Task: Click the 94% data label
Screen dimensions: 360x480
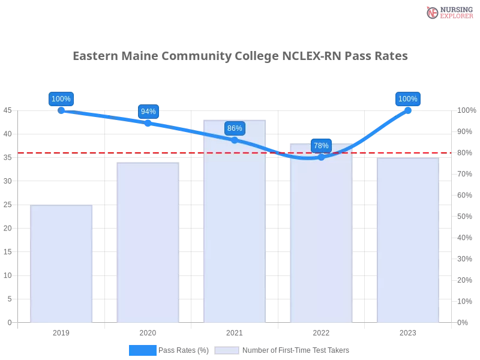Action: coord(148,112)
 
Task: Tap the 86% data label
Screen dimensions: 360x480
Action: coord(235,128)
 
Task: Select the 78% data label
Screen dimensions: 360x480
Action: coord(321,146)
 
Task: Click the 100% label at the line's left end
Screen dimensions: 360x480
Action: coord(61,99)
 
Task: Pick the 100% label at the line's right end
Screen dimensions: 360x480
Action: coord(408,99)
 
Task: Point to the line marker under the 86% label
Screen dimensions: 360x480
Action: coord(235,140)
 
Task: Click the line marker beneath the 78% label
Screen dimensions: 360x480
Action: coord(321,157)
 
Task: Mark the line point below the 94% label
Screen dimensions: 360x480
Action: coord(148,123)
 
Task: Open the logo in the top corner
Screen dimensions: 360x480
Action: coord(448,12)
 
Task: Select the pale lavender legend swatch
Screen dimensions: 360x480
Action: coord(227,350)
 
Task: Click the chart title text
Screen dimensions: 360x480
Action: coord(239,56)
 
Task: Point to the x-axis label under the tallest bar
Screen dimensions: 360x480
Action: coord(235,331)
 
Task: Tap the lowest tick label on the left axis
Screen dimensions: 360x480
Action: coord(8,322)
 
